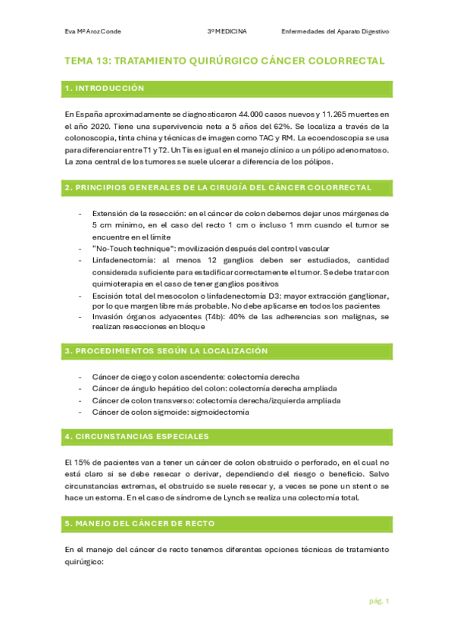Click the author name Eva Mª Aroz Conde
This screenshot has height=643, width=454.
click(x=92, y=32)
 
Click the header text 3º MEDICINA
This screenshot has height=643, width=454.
click(x=232, y=32)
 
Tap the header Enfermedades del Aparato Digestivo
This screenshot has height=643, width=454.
click(x=335, y=32)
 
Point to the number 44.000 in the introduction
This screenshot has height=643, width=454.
click(x=232, y=114)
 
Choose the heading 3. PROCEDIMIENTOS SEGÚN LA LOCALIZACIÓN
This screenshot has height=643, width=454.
click(x=167, y=352)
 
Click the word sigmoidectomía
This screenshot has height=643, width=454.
click(x=221, y=412)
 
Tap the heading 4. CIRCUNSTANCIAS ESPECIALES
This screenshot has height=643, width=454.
click(x=137, y=438)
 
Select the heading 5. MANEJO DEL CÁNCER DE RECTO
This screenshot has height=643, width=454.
click(x=140, y=523)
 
